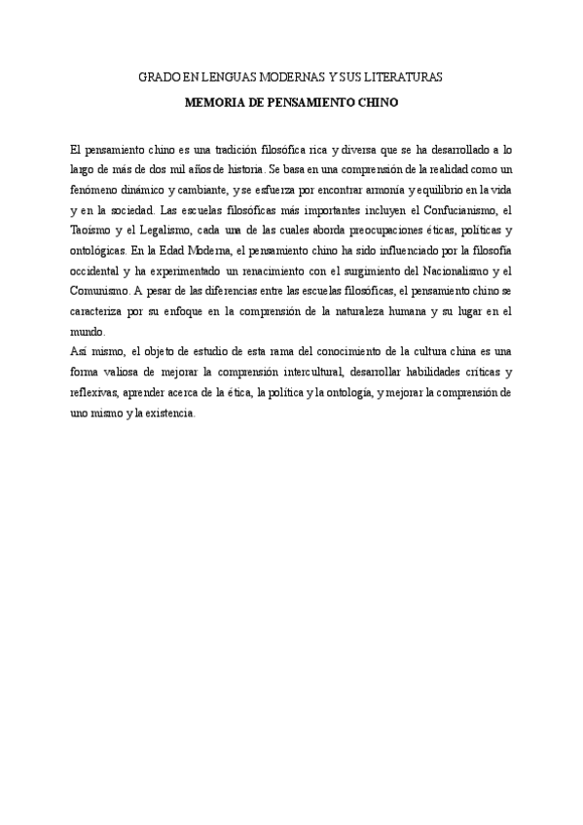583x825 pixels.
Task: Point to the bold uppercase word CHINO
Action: tap(378, 100)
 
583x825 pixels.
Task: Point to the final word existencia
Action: tap(169, 412)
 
